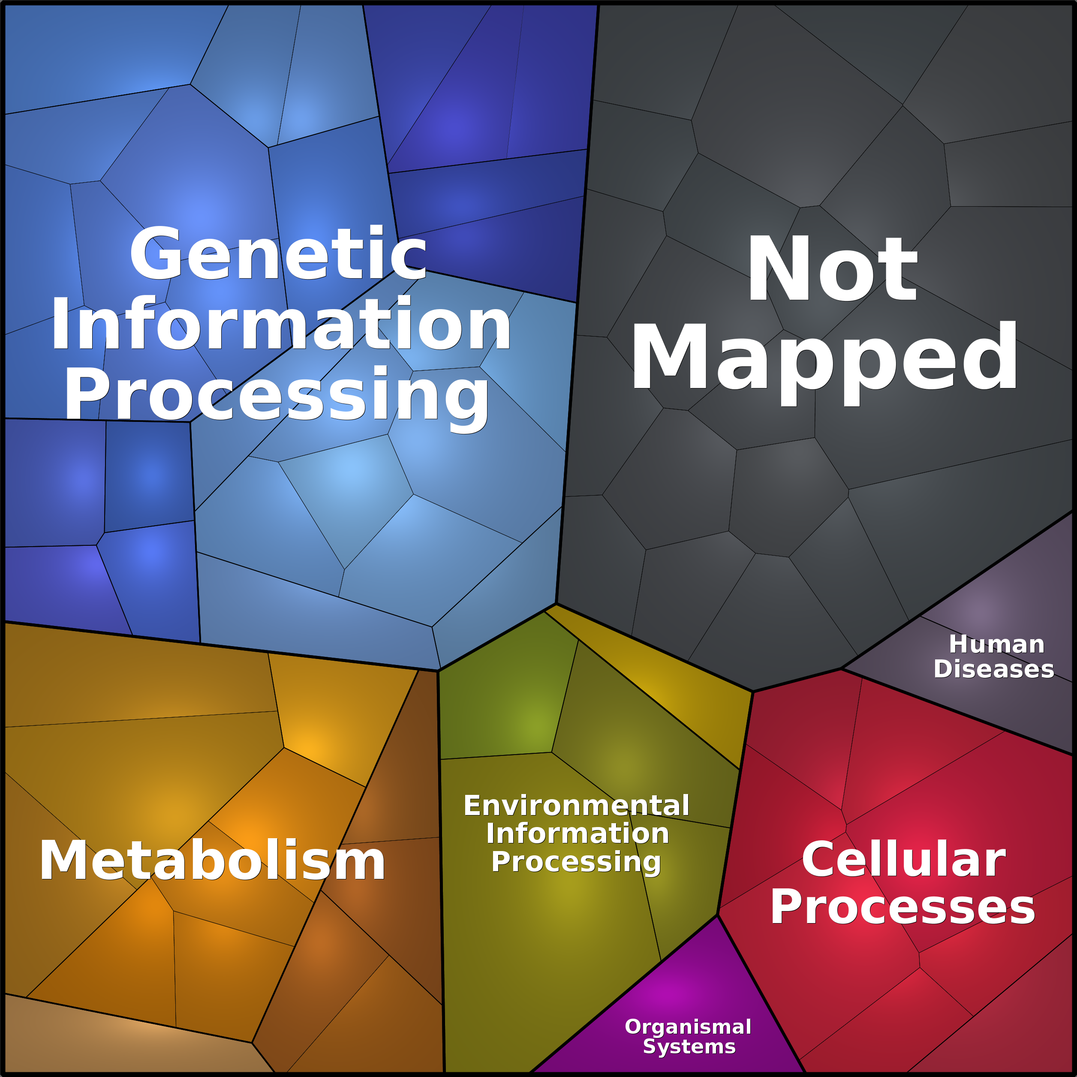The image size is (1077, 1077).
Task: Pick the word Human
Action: coord(997,644)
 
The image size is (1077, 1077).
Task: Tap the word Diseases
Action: coord(994,669)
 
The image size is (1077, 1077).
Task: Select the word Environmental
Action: coord(576,806)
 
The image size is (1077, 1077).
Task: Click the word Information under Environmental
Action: coord(578,833)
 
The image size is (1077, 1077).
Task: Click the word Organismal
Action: coord(688,1026)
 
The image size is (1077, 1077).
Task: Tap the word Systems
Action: coord(689,1047)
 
